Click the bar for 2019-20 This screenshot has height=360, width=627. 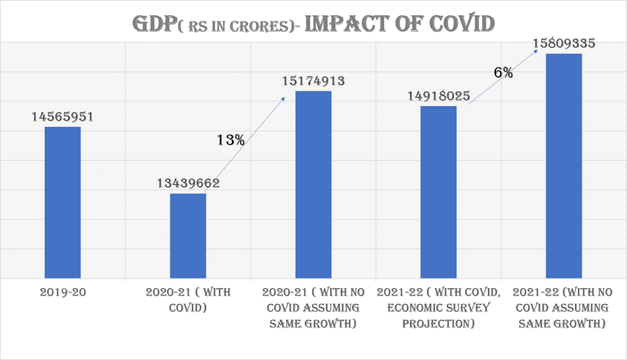[x=63, y=202]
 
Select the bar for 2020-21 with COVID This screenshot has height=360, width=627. [x=188, y=236]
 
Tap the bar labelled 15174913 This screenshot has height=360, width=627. [x=314, y=185]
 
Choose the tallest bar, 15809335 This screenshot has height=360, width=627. [x=564, y=166]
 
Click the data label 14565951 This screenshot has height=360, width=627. [x=63, y=117]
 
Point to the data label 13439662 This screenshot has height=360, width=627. [x=188, y=183]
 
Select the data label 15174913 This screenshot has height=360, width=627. [x=314, y=80]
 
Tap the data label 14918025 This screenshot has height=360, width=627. [x=439, y=96]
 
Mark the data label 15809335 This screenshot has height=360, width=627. [x=564, y=44]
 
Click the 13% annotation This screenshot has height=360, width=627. [x=231, y=140]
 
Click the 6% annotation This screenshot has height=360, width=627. [x=503, y=72]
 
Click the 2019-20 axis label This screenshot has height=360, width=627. [x=63, y=293]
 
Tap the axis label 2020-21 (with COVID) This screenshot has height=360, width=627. [x=188, y=300]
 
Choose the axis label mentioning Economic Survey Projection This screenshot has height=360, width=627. [x=439, y=307]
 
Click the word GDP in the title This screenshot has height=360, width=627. [x=157, y=23]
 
